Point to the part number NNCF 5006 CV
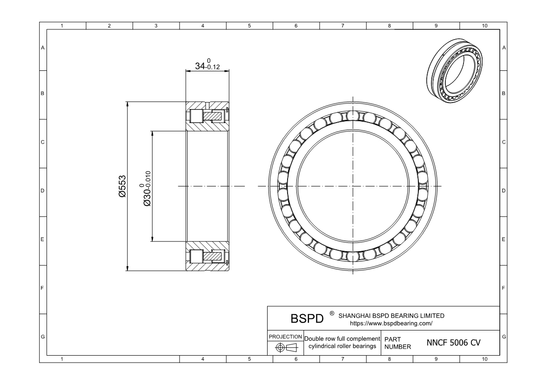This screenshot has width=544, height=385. [x=453, y=343]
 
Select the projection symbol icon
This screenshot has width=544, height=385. [x=286, y=348]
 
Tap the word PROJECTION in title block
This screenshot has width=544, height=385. [x=286, y=337]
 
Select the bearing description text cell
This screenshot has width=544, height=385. [x=342, y=342]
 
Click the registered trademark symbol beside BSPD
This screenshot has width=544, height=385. [x=331, y=313]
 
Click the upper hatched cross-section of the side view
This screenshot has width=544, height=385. [x=208, y=116]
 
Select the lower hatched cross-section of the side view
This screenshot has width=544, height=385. [x=208, y=256]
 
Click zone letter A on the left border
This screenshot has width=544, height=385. [x=43, y=48]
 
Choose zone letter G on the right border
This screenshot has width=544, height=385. [x=504, y=337]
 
